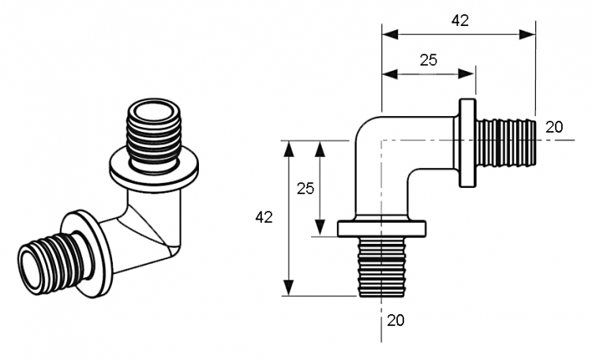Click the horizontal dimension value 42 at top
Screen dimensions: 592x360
point(460,21)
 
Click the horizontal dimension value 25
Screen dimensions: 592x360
point(429,60)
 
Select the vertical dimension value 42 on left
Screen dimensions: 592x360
point(264,217)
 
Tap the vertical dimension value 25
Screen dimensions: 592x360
point(305,188)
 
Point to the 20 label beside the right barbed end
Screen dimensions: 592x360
point(554,127)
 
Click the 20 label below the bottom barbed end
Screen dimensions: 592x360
point(395,321)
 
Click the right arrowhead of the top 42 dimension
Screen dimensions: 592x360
point(527,35)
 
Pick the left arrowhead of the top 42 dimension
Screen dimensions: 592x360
point(390,35)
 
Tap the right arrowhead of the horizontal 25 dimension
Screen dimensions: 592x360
point(466,74)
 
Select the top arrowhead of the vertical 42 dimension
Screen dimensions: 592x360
point(289,148)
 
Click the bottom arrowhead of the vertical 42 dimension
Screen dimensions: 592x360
point(289,288)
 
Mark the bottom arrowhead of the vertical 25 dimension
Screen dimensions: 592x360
point(320,228)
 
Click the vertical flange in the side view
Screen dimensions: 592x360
point(468,143)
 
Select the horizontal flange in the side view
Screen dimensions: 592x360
point(382,229)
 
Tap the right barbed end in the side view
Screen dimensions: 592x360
point(506,143)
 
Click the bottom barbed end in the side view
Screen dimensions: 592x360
point(382,267)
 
